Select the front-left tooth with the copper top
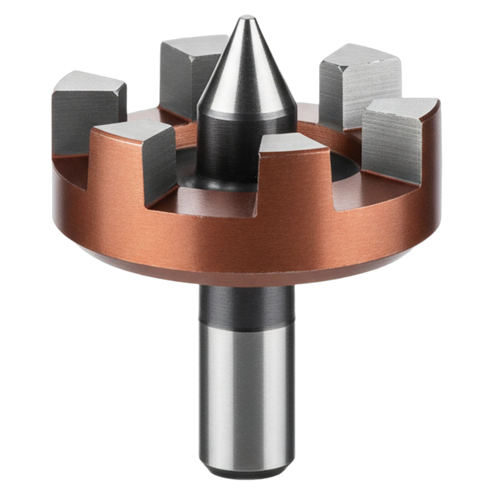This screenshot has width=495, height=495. pos(140,160)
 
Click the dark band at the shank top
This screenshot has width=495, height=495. pos(247,305)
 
